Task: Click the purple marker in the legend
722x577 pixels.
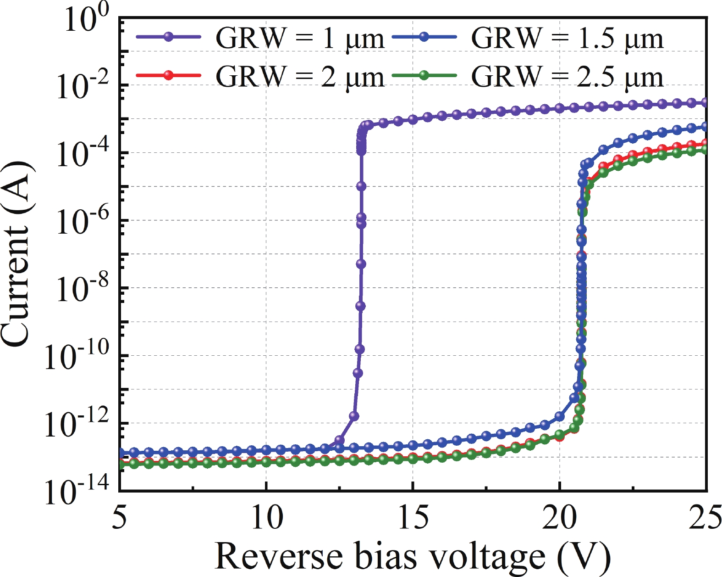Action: point(169,37)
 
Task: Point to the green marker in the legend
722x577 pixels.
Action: point(424,75)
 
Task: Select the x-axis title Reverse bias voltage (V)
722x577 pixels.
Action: point(413,556)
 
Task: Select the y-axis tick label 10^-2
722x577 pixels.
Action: point(83,86)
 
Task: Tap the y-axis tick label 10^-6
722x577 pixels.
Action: point(83,221)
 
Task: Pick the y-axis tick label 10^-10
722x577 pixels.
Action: point(77,357)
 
